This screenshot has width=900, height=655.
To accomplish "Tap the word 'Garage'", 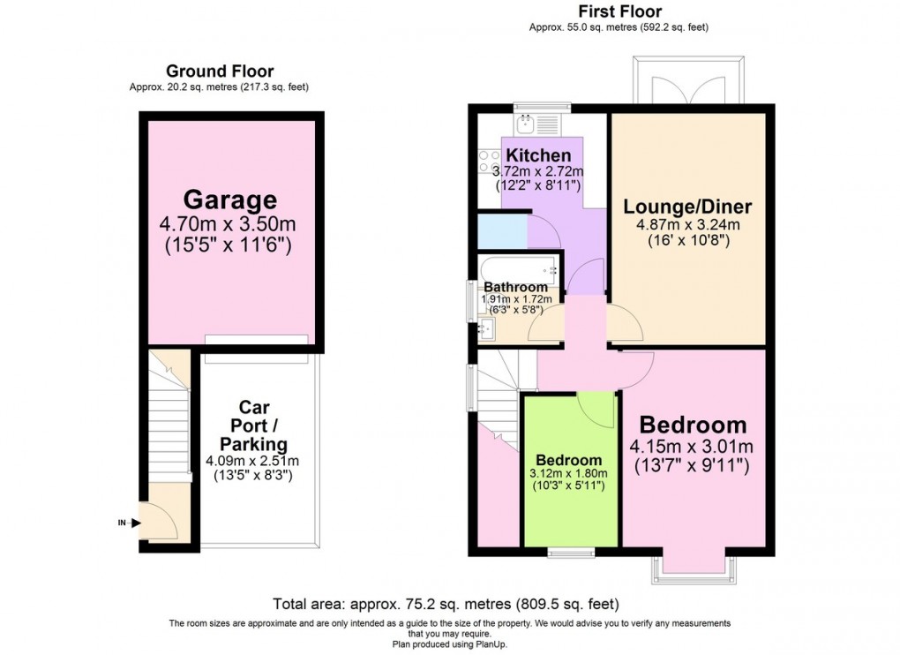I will click(229, 200).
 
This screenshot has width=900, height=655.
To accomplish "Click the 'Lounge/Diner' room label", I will click(687, 207).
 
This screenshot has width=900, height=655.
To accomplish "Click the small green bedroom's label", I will click(569, 460).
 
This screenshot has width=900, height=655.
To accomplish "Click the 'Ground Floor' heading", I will click(220, 72).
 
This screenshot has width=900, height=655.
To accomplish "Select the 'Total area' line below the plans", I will click(446, 605).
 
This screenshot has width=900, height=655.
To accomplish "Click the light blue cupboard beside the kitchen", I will click(501, 232).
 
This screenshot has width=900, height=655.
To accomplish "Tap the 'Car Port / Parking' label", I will click(253, 425).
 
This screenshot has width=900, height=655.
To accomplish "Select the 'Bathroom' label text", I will click(515, 287).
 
